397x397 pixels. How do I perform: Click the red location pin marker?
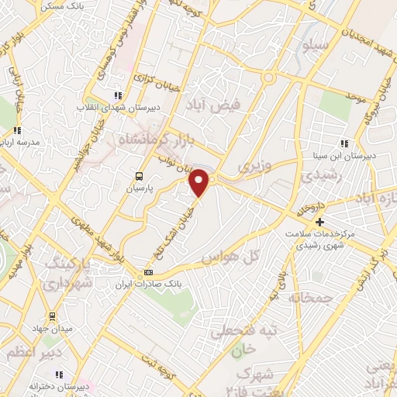[200, 183]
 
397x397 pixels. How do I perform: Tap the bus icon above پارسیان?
[139, 176]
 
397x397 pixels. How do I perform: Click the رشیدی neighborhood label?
[310, 178]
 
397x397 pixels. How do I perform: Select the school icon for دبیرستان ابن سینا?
[344, 143]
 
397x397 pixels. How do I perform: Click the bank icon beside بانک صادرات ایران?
[149, 272]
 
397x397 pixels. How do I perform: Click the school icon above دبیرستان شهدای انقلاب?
[118, 95]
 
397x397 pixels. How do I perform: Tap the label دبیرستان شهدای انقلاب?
[118, 108]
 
